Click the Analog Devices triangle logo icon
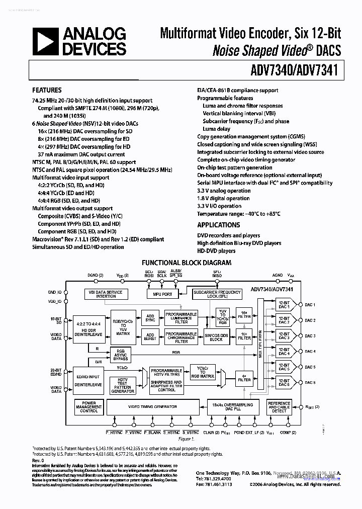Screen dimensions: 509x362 pyautogui.click(x=45, y=42)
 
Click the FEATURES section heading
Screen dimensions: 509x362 pyautogui.click(x=47, y=91)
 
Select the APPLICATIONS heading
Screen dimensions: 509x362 pyautogui.click(x=218, y=225)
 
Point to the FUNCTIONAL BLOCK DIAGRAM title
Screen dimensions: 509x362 pyautogui.click(x=187, y=263)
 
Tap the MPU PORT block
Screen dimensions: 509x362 pyautogui.click(x=159, y=294)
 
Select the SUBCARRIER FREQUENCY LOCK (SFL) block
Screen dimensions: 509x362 pyautogui.click(x=217, y=294)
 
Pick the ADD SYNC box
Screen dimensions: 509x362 pyautogui.click(x=150, y=317)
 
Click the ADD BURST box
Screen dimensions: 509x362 pyautogui.click(x=150, y=336)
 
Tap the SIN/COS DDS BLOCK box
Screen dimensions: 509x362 pyautogui.click(x=216, y=337)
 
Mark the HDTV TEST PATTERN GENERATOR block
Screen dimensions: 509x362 pyautogui.click(x=122, y=386)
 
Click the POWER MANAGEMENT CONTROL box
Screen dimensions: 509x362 pyautogui.click(x=89, y=407)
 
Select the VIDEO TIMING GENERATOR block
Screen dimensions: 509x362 pyautogui.click(x=152, y=406)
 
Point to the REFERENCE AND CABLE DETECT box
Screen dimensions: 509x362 pyautogui.click(x=279, y=407)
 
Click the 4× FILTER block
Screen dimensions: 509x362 pyautogui.click(x=244, y=378)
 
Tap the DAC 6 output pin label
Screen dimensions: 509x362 pyautogui.click(x=310, y=383)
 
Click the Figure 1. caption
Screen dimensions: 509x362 pyautogui.click(x=186, y=439)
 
